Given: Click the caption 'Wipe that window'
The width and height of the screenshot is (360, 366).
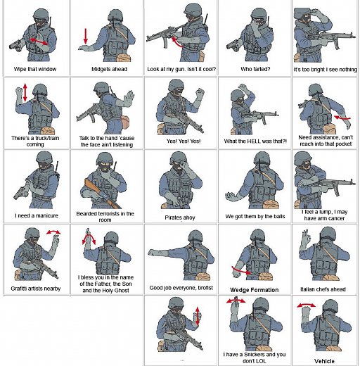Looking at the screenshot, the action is [x=35, y=69].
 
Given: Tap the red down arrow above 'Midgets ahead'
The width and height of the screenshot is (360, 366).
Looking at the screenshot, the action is [x=86, y=36].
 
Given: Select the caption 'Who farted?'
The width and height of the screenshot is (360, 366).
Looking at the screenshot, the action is [x=255, y=69].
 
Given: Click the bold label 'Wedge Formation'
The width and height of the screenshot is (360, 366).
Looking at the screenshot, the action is [x=255, y=290].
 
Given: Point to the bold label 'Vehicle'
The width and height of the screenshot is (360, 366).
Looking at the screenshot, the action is [x=324, y=361].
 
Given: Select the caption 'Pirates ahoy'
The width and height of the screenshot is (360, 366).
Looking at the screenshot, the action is [x=180, y=217].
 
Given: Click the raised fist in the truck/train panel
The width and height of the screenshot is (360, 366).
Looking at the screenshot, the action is [x=19, y=91].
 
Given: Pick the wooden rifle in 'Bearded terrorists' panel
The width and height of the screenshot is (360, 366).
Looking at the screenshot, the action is [x=102, y=194].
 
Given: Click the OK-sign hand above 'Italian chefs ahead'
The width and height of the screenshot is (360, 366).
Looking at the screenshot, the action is [x=306, y=237].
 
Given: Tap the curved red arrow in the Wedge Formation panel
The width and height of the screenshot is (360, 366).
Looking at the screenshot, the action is [x=241, y=271].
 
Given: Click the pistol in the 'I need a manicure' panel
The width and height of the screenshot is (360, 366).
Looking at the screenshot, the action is [x=20, y=193].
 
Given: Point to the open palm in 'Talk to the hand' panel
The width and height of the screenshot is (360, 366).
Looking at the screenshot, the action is [x=129, y=97].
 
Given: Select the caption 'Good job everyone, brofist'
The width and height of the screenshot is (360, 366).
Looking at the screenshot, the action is [x=181, y=288].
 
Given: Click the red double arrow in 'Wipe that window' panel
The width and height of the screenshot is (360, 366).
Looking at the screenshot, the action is [x=39, y=42].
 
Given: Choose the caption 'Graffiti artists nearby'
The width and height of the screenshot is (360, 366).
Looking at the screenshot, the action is [x=36, y=289].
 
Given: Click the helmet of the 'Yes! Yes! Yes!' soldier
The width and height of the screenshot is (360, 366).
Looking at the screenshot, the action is [x=176, y=85].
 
